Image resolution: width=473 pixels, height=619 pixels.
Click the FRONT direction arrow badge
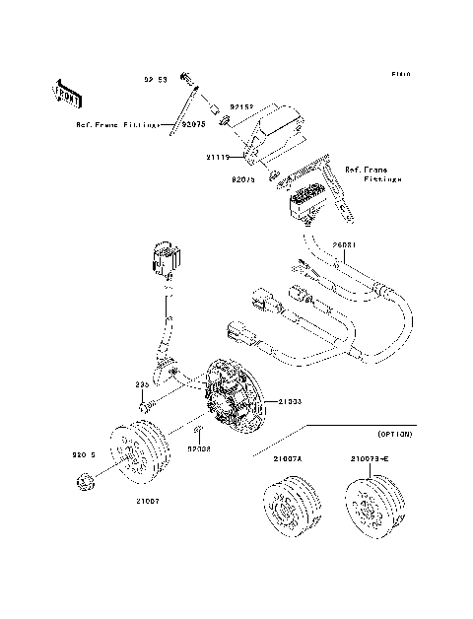click(x=68, y=93)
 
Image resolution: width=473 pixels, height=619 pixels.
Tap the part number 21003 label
click(x=289, y=401)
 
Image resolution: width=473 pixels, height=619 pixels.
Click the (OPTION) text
click(x=393, y=434)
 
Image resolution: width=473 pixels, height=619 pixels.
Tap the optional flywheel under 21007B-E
click(x=372, y=506)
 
